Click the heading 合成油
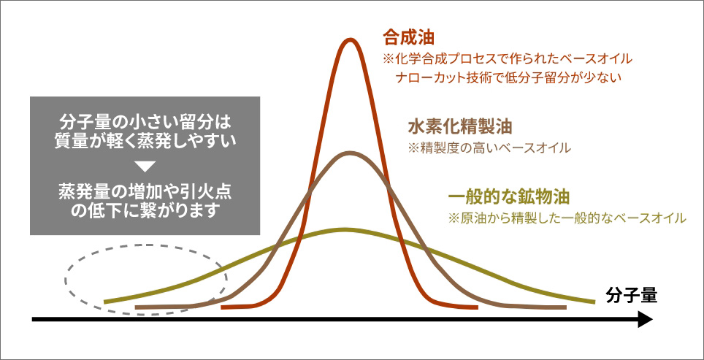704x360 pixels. (408, 38)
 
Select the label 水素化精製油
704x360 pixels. (460, 127)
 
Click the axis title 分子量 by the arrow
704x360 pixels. (631, 296)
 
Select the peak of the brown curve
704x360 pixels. (349, 153)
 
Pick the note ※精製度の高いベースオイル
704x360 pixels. (489, 148)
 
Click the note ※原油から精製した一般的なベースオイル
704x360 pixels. (567, 218)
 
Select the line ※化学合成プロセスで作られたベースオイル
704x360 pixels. (508, 59)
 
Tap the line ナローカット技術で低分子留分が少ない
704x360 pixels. (508, 77)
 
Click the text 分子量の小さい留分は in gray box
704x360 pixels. (145, 122)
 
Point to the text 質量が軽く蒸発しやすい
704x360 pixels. (145, 142)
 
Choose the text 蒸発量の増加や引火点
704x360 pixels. (145, 191)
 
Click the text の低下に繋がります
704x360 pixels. (145, 211)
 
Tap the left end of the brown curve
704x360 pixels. (137, 307)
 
